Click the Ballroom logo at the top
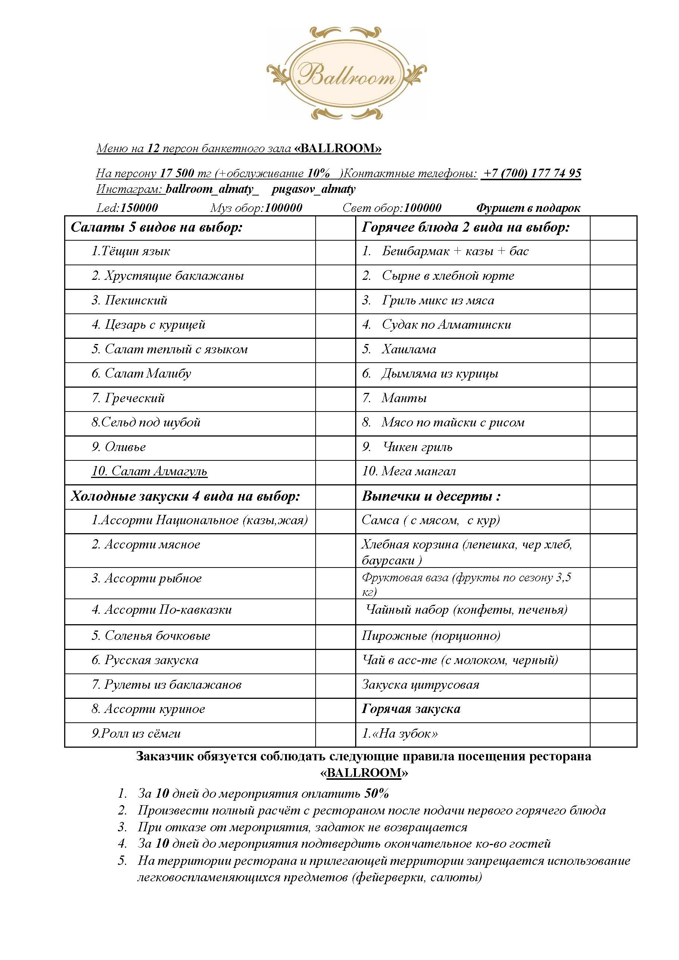(x=346, y=74)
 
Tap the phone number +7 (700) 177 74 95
(x=531, y=173)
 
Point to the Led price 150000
(x=139, y=208)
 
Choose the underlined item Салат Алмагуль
(x=149, y=471)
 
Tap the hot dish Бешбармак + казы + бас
(x=455, y=251)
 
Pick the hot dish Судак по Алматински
(x=446, y=325)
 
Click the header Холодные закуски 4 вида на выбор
(x=185, y=496)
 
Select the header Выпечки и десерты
(x=431, y=496)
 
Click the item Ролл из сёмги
(x=136, y=734)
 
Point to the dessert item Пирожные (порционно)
(x=431, y=636)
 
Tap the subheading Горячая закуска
(x=411, y=709)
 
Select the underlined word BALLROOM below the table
(x=364, y=773)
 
